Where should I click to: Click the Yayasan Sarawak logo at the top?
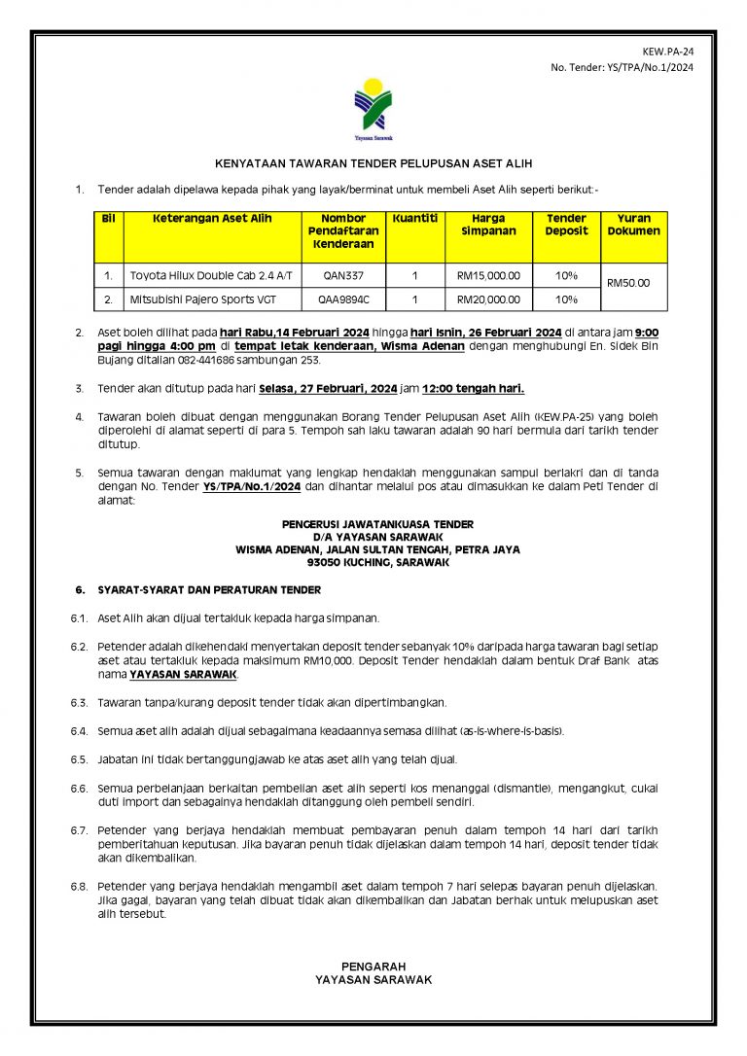[373, 108]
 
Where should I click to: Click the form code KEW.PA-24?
[669, 51]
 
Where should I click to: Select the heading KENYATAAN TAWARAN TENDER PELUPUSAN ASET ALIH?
[373, 164]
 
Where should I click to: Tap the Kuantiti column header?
[415, 219]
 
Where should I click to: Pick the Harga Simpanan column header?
[488, 225]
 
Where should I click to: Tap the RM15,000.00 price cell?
[488, 276]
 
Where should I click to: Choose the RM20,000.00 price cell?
[488, 299]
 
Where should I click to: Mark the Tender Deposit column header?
[566, 225]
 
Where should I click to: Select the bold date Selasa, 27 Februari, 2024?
[328, 389]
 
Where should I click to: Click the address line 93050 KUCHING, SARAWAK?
[377, 562]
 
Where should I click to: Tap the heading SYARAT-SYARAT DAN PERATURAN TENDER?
[209, 590]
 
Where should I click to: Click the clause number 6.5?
[79, 758]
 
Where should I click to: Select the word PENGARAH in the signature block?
[373, 967]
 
